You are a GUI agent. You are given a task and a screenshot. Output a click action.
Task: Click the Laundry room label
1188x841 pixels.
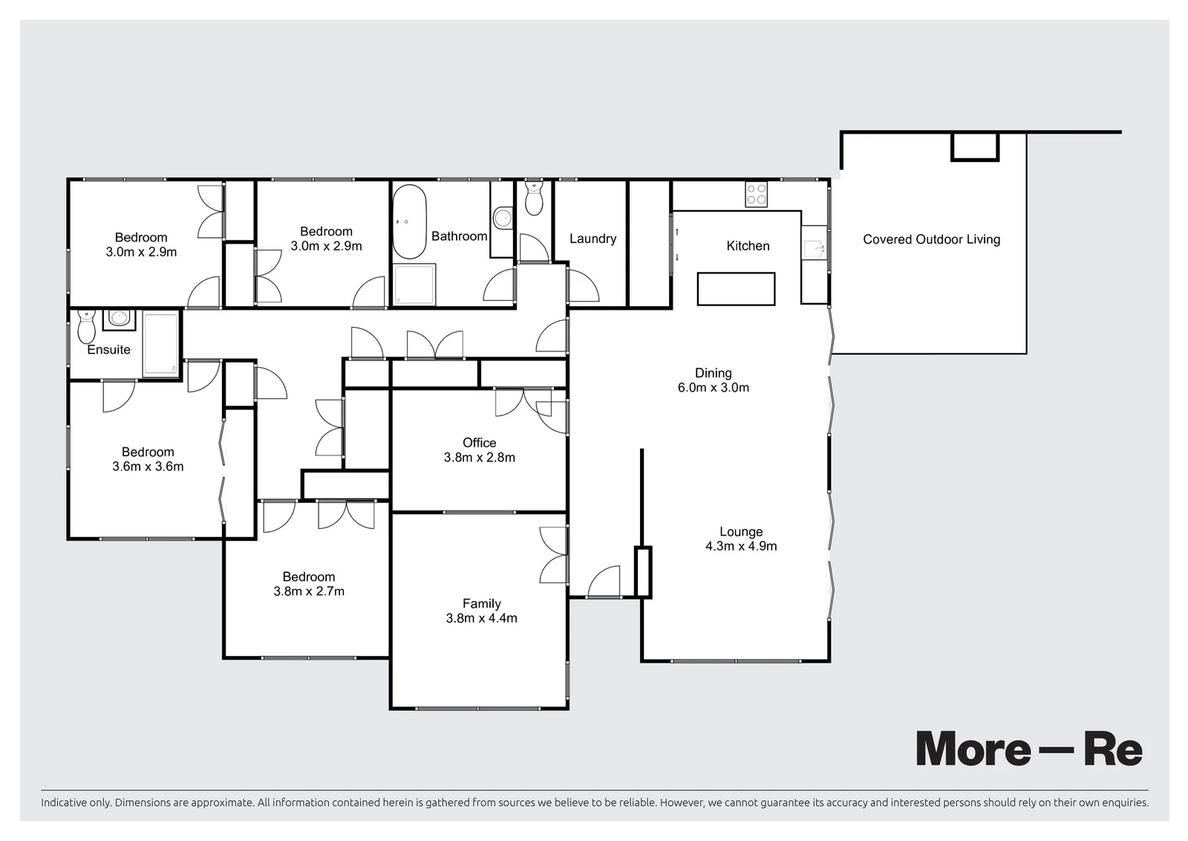[x=593, y=238]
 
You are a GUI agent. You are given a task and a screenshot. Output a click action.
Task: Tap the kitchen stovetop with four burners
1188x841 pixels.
[x=756, y=194]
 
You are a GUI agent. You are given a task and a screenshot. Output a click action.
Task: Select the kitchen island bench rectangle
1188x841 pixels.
[x=736, y=289]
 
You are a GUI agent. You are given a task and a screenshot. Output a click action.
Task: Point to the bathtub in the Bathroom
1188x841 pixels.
[x=409, y=221]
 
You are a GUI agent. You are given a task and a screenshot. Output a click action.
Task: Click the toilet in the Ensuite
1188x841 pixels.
[x=86, y=326]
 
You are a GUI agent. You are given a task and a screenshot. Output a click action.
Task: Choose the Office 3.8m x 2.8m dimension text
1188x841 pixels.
[x=480, y=458]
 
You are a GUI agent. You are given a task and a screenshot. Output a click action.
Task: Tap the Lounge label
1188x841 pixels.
[x=741, y=531]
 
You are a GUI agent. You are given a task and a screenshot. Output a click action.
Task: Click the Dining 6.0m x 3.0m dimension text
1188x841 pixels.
[x=714, y=387]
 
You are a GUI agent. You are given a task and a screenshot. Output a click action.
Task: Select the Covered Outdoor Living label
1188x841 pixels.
[x=931, y=239]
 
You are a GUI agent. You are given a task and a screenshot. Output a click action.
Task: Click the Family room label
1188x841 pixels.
[x=482, y=603]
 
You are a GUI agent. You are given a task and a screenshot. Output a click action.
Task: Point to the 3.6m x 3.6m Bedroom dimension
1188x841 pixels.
[x=148, y=467]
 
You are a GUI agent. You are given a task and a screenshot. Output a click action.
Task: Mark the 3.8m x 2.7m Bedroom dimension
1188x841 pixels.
[x=309, y=591]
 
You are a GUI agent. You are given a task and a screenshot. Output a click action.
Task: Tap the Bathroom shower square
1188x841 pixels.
[x=414, y=285]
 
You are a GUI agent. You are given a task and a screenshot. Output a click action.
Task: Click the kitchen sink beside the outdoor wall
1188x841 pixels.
[x=814, y=249]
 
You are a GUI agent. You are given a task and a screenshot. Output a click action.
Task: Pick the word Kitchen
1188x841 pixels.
[x=748, y=246]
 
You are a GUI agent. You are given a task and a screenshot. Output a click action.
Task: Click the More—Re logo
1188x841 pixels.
[x=1029, y=749]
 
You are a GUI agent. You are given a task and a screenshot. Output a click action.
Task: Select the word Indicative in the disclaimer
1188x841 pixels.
[x=64, y=802]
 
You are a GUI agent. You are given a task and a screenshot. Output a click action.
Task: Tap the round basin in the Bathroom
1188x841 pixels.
[x=502, y=218]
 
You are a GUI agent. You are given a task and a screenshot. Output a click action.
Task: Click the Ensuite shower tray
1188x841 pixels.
[x=160, y=345]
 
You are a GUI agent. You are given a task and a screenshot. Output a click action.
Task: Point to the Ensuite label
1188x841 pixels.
[x=108, y=350]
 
